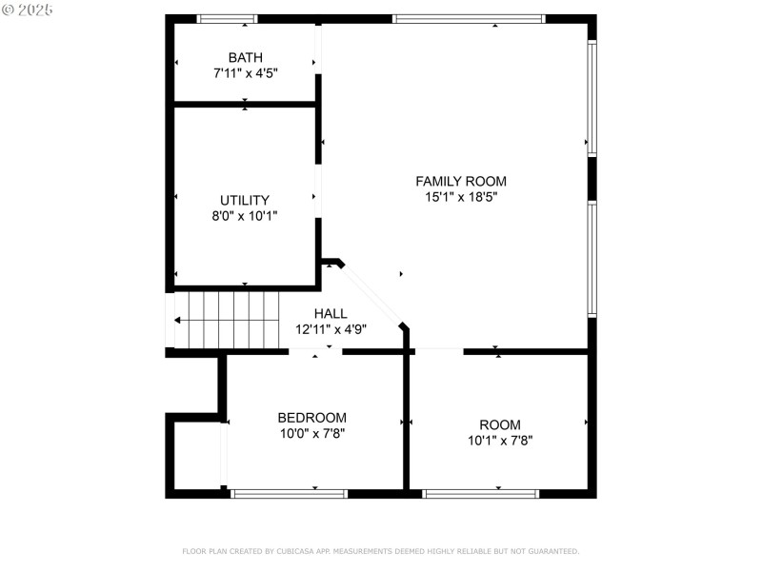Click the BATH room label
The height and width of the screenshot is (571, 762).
[x=245, y=58]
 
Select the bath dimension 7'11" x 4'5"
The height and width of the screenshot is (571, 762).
[x=245, y=72]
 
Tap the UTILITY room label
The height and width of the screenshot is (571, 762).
[x=245, y=201]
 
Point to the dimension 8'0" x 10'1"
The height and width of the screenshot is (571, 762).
[x=245, y=215]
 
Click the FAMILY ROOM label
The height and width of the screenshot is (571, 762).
[x=461, y=181]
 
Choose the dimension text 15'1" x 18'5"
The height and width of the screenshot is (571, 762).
[x=461, y=196]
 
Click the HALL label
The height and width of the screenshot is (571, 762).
[x=331, y=313]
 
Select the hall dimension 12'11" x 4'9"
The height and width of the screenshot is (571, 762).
[x=331, y=328]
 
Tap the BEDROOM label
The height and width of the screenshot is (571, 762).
[x=311, y=418]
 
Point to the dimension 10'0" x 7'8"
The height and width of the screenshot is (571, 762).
[x=311, y=433]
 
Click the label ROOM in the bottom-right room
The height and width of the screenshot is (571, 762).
[x=500, y=425]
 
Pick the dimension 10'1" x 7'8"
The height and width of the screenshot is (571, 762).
[x=500, y=441]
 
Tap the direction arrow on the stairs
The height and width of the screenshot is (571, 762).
[x=179, y=321]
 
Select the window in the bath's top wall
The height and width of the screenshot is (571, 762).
[x=227, y=19]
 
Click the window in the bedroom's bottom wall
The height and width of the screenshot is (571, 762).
[x=289, y=493]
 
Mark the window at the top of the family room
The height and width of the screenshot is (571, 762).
[x=469, y=19]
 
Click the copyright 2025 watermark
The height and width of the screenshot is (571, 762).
[x=28, y=10]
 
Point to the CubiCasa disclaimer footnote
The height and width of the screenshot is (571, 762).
[x=380, y=551]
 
